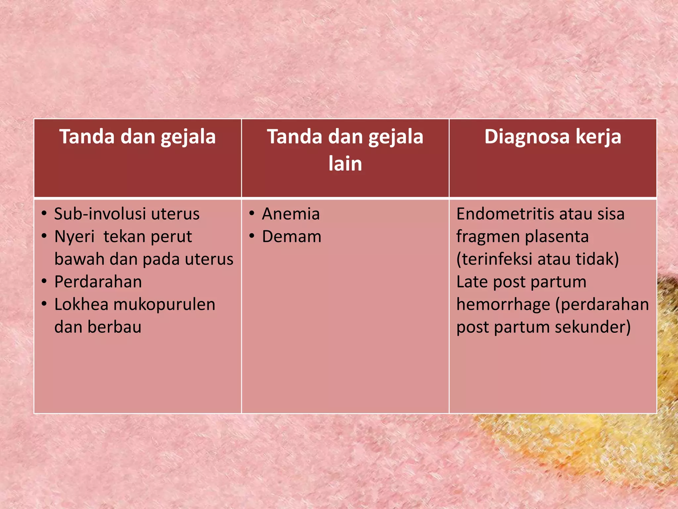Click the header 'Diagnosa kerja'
pyautogui.click(x=553, y=137)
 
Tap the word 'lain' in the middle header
pyautogui.click(x=345, y=163)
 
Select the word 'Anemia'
pyautogui.click(x=291, y=214)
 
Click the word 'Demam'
pyautogui.click(x=292, y=237)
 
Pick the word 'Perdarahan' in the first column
pyautogui.click(x=98, y=282)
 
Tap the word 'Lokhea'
pyautogui.click(x=81, y=304)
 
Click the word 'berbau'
pyautogui.click(x=115, y=327)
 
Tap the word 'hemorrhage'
pyautogui.click(x=503, y=304)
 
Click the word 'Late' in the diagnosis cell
pyautogui.click(x=472, y=282)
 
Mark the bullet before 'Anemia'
pyautogui.click(x=252, y=213)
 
